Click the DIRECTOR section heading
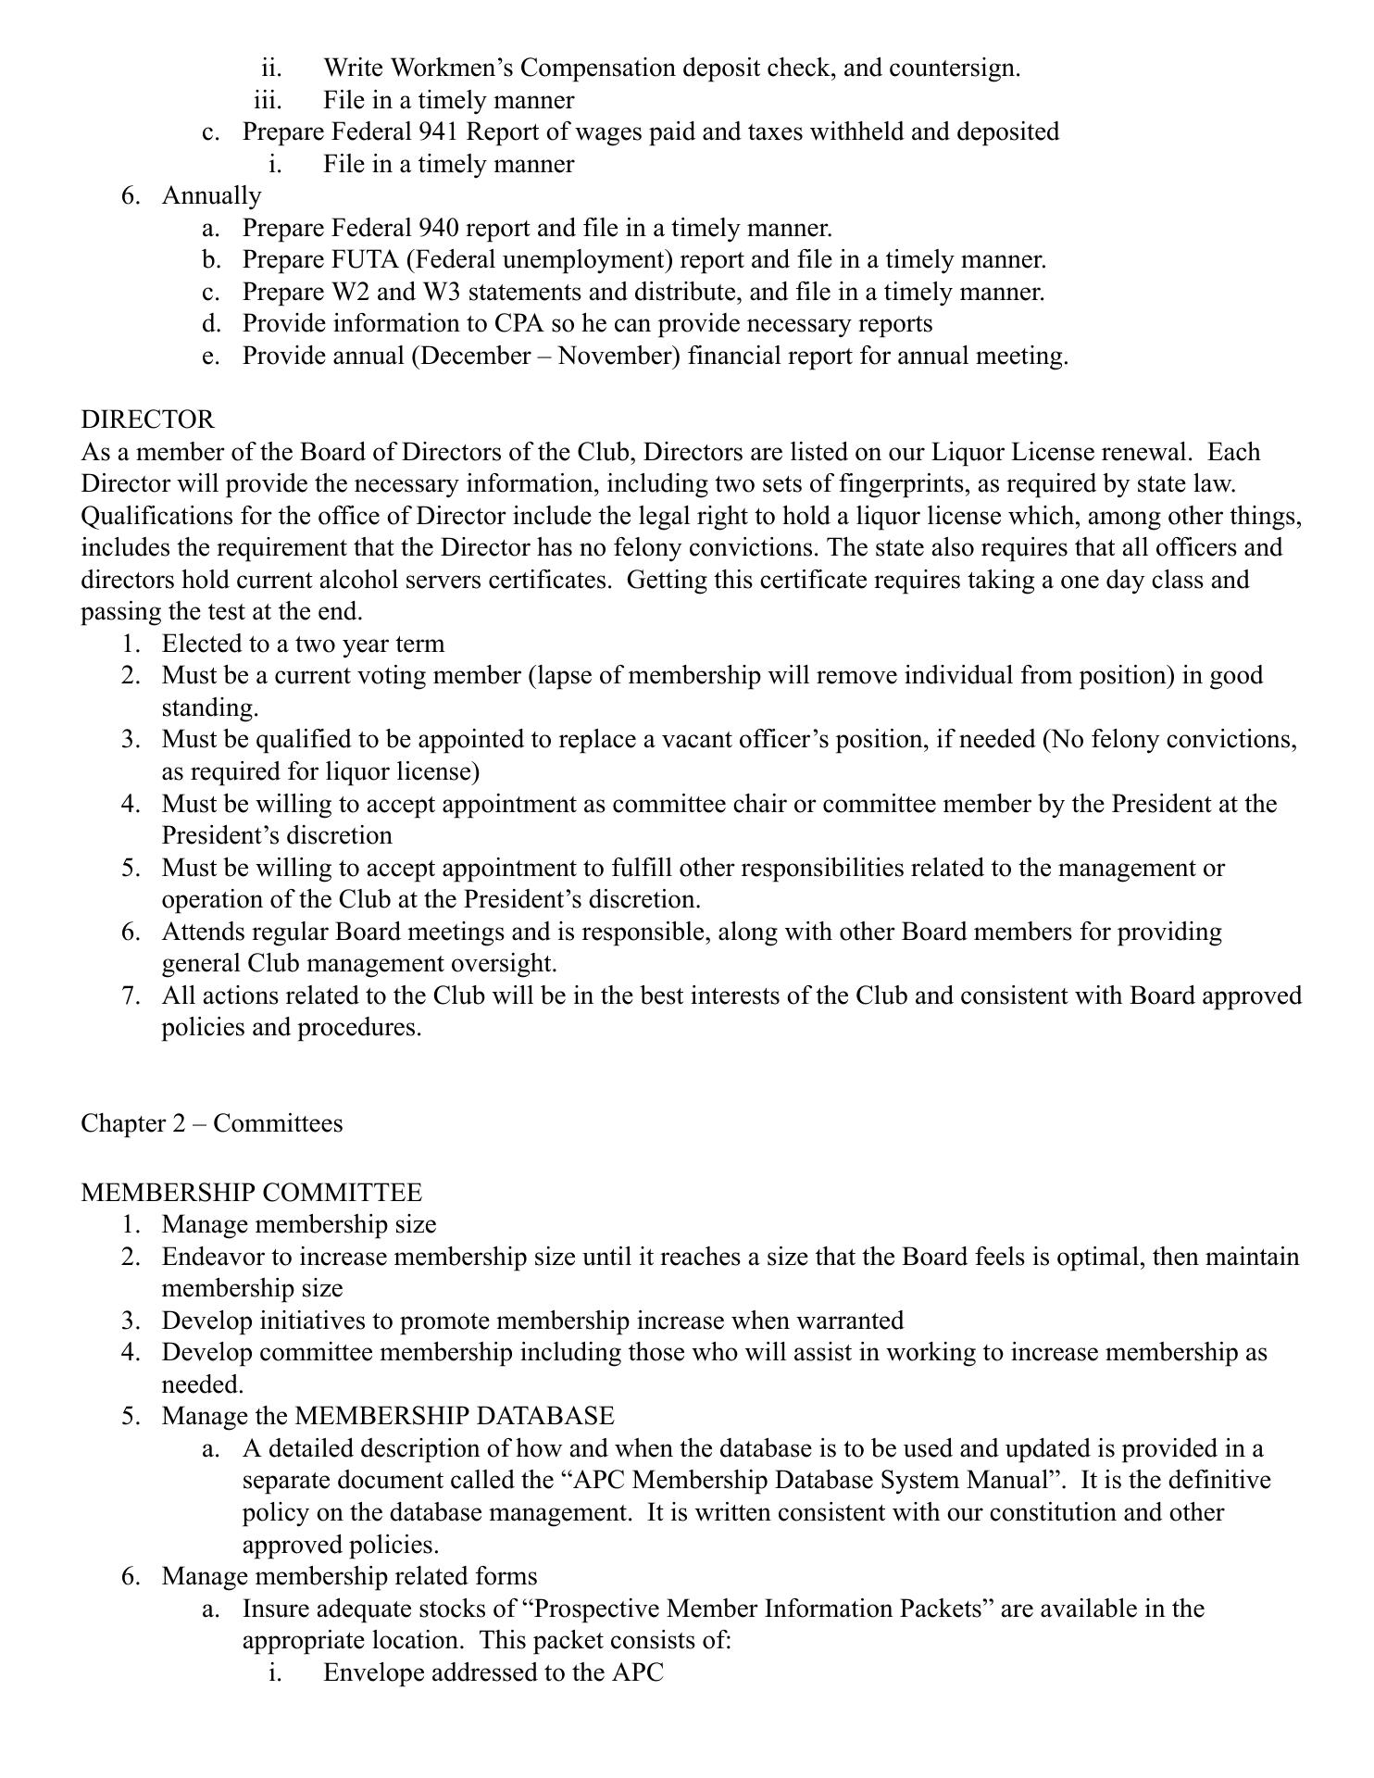(147, 419)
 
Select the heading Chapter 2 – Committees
(211, 1123)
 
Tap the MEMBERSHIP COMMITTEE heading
(251, 1193)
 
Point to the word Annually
(211, 196)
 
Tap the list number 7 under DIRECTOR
(131, 995)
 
